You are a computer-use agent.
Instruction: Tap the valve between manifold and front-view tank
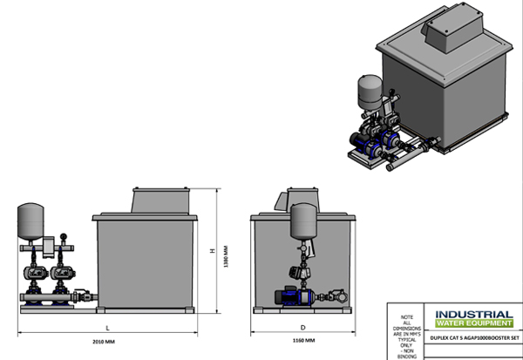pos(80,294)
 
